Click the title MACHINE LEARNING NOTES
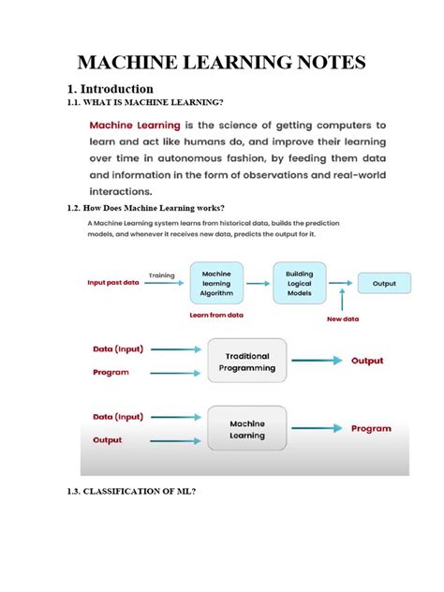[x=221, y=65]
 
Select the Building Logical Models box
[x=300, y=282]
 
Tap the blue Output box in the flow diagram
[x=384, y=282]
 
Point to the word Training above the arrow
[x=162, y=274]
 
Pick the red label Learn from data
[x=215, y=317]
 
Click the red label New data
[x=344, y=319]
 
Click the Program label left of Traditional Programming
[x=111, y=372]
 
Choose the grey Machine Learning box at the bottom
[x=247, y=429]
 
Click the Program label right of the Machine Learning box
[x=371, y=428]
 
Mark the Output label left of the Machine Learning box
[x=107, y=439]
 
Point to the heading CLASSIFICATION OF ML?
[x=142, y=490]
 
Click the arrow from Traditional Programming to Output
[x=319, y=361]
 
